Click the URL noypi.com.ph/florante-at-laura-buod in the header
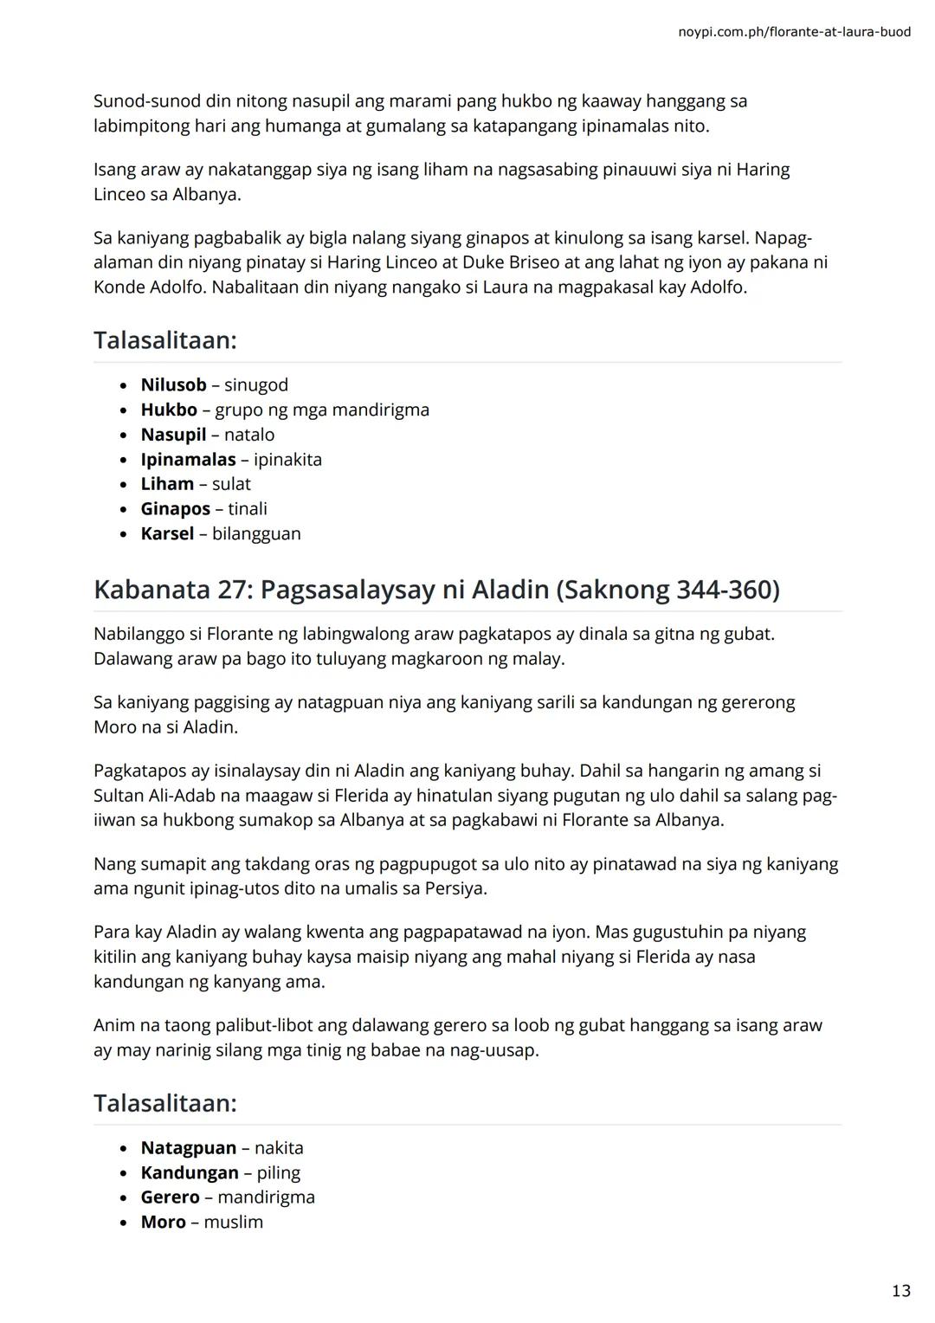point(794,32)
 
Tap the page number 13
point(900,1291)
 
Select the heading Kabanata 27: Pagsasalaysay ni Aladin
point(436,590)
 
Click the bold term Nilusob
point(173,385)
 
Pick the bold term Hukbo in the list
point(169,410)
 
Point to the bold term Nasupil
point(173,435)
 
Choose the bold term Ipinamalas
point(188,460)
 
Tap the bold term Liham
point(167,484)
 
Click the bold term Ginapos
point(175,509)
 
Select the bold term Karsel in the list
point(167,533)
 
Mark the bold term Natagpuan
point(188,1148)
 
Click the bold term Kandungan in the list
point(190,1173)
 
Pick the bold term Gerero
point(170,1197)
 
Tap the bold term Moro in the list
point(163,1223)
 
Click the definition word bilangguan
point(256,533)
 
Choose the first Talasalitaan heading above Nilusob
point(164,340)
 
